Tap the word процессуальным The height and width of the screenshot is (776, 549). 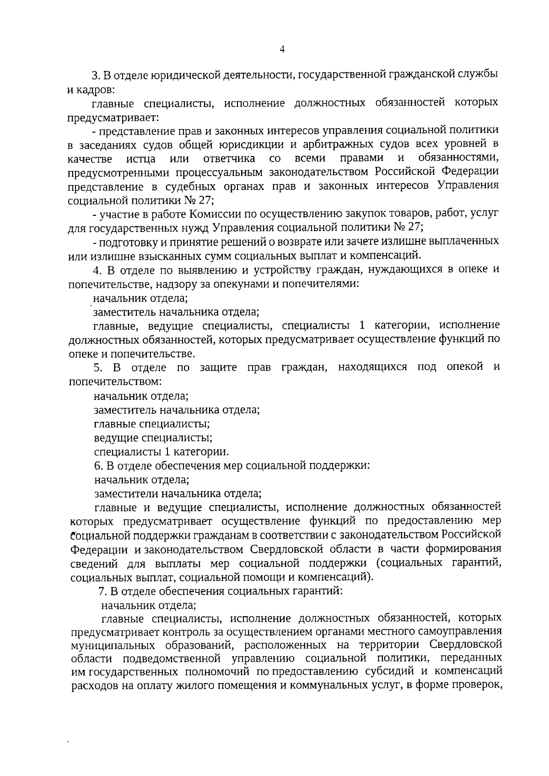203,172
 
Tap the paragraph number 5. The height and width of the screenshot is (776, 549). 97,367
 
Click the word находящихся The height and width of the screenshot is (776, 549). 372,367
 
